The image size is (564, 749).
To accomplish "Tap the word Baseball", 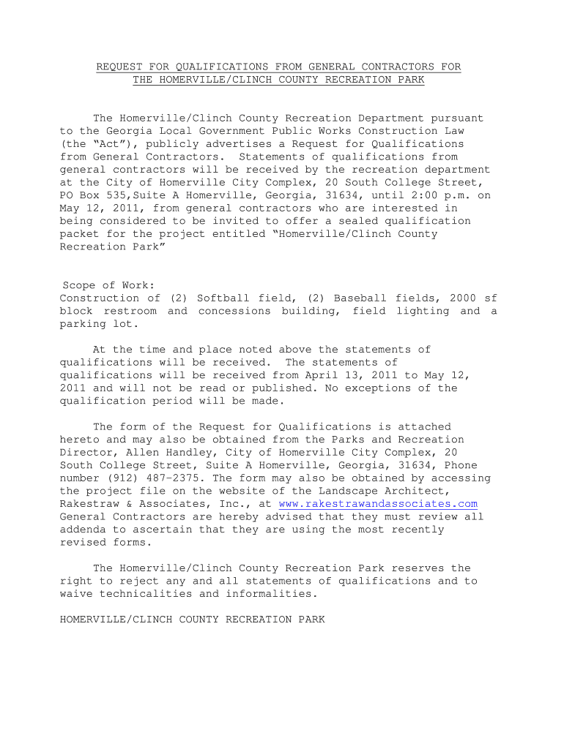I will tap(360, 298).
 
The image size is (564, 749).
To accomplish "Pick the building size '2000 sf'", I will tap(469, 298).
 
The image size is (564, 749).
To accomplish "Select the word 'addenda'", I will tap(83, 530).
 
